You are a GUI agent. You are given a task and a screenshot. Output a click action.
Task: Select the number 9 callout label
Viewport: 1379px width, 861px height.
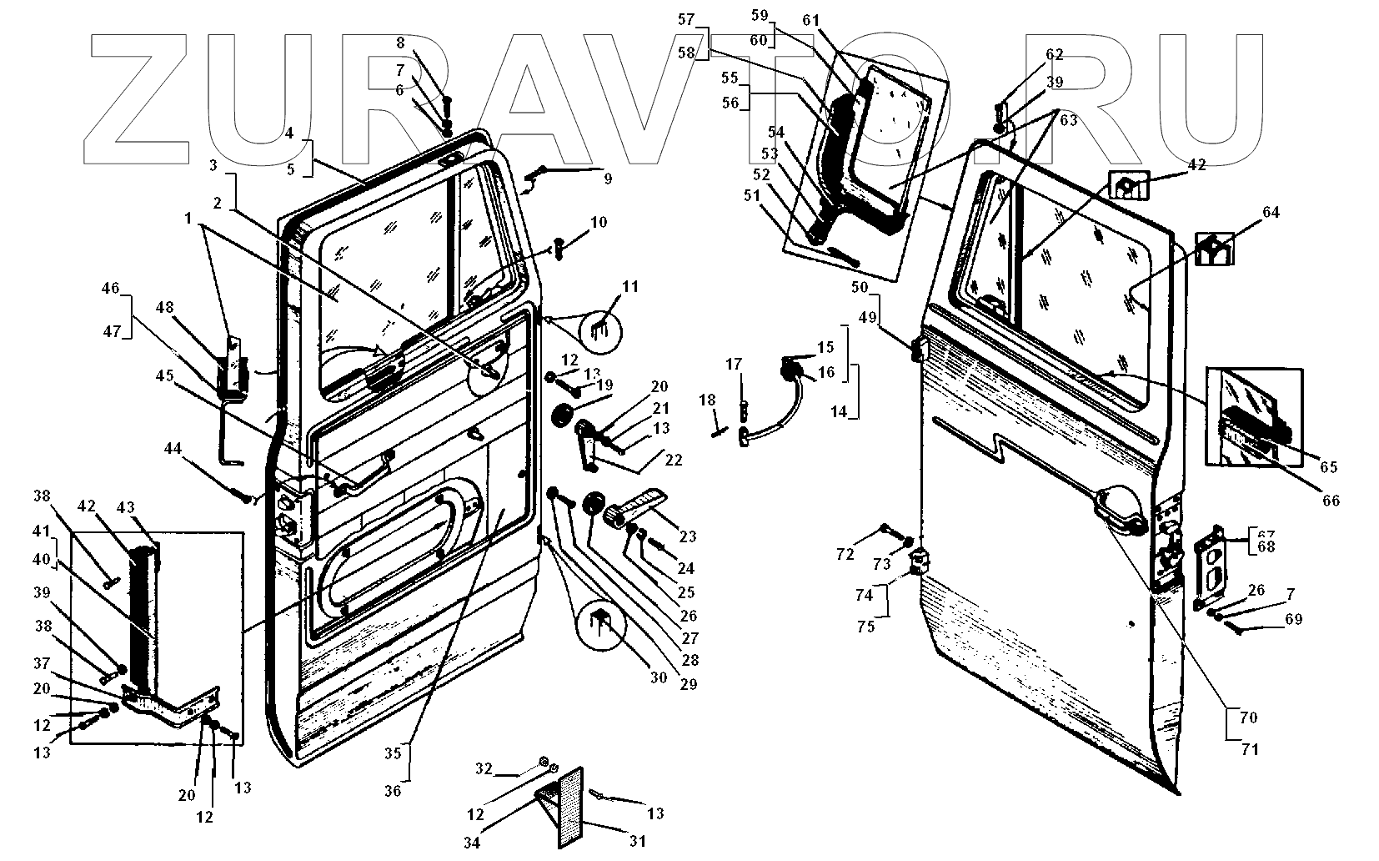click(608, 179)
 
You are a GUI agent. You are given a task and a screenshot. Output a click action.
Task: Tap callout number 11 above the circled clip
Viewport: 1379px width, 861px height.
click(630, 287)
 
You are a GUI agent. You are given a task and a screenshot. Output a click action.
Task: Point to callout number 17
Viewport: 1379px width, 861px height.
click(734, 364)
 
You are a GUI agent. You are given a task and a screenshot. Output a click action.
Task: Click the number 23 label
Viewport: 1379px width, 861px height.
click(688, 536)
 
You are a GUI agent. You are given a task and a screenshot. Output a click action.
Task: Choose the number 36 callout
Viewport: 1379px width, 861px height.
click(393, 791)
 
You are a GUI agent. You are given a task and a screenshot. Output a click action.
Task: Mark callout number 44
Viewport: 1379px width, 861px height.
click(173, 449)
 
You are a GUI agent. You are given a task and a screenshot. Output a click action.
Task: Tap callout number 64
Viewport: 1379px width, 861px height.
click(1271, 213)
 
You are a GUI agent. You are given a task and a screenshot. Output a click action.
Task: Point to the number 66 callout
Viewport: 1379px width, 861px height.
click(1330, 501)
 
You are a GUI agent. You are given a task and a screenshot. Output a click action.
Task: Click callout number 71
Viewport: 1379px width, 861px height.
click(1249, 749)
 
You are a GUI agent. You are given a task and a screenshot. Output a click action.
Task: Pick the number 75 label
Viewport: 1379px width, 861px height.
click(866, 627)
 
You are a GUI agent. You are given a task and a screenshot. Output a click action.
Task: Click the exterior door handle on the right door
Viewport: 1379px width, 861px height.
click(1122, 510)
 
